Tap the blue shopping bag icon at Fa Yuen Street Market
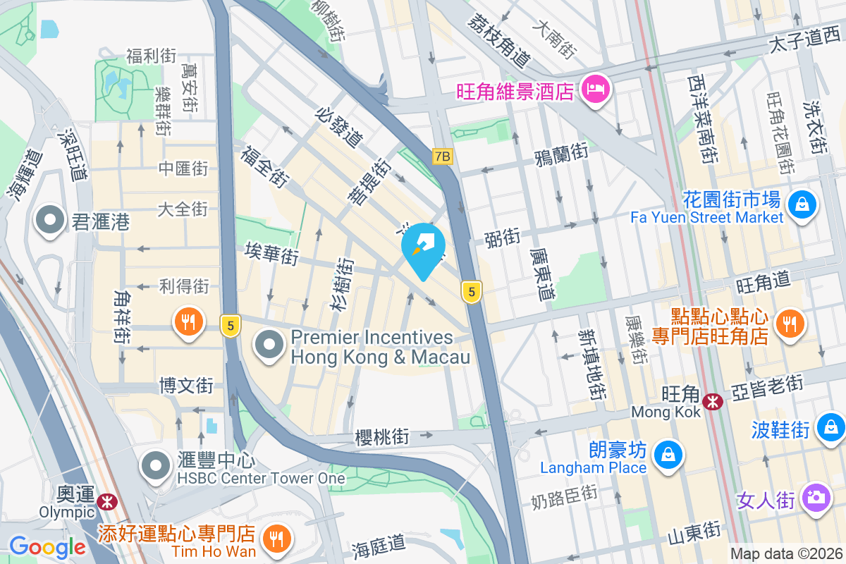tap(802, 205)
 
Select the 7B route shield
tap(442, 157)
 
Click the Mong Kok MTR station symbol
tap(713, 402)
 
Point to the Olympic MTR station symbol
tap(108, 501)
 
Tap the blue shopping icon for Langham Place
tap(667, 453)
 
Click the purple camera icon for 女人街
tap(816, 498)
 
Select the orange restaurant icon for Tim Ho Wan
tap(272, 540)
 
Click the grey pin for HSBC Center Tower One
tap(155, 465)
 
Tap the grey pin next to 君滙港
tap(50, 220)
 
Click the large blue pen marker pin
tap(423, 247)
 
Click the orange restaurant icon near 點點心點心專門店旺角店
tap(788, 323)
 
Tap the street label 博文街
tap(186, 386)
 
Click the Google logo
tap(47, 547)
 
